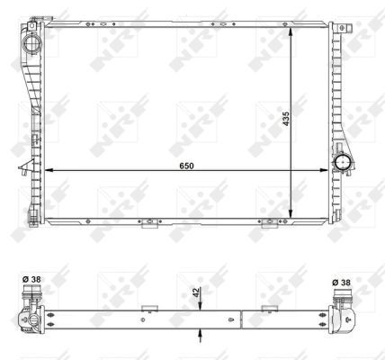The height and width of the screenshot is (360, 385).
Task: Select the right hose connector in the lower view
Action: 343,316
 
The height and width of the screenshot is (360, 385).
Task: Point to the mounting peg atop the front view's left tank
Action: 36,19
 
